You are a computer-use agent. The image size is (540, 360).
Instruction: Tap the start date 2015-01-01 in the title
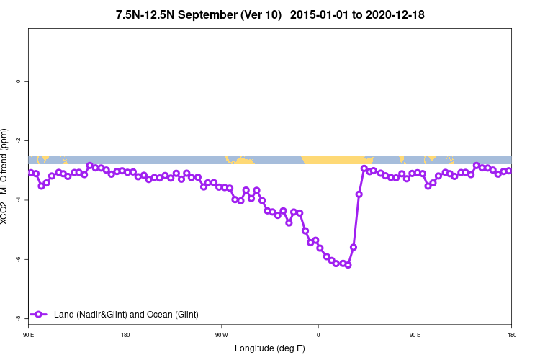coord(320,14)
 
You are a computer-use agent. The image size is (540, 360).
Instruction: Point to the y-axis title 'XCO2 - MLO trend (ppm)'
coord(5,176)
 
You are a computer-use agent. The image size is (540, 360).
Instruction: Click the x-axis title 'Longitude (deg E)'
coord(270,348)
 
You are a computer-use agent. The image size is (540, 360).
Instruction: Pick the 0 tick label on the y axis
coord(17,81)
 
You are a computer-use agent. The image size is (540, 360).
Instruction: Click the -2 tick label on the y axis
coord(17,140)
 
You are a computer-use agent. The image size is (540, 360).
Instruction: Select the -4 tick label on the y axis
coord(17,199)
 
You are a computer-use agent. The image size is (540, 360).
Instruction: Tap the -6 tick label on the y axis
coord(17,258)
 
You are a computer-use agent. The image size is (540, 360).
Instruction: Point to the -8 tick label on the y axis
coord(17,318)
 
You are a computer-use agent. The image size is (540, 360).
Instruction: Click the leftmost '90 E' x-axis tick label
coord(28,335)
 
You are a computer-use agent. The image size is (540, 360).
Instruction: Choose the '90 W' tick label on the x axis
coord(221,335)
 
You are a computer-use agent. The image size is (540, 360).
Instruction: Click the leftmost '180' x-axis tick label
coord(125,335)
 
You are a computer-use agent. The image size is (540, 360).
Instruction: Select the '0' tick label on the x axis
coord(318,335)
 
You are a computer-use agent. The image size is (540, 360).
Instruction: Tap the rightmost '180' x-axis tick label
coord(511,335)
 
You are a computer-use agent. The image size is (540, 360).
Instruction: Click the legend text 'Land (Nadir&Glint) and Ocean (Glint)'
coord(126,314)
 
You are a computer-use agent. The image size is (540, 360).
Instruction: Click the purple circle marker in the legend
coord(40,314)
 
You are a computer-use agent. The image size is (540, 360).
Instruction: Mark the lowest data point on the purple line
coord(348,265)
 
